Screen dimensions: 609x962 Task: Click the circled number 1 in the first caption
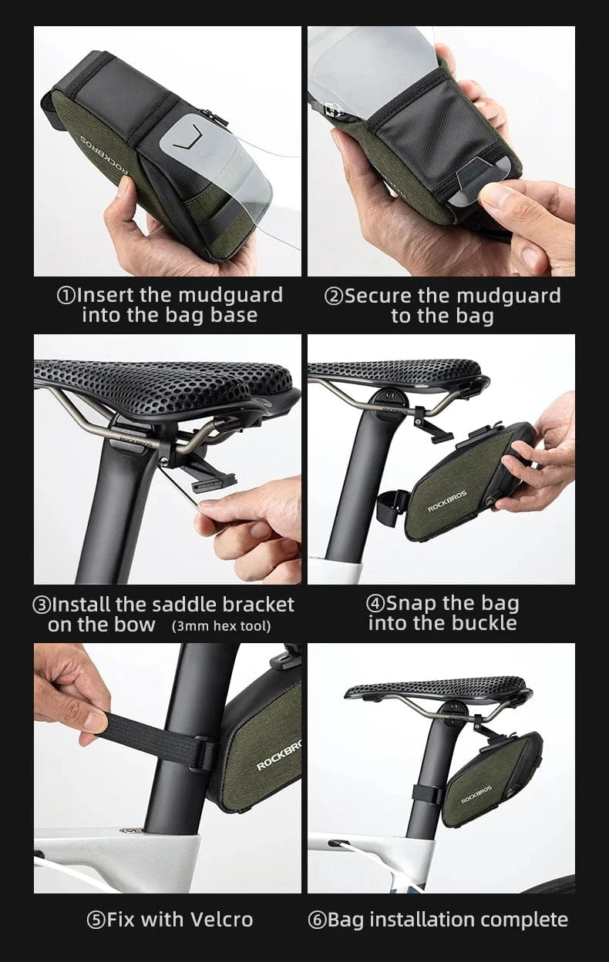(x=66, y=296)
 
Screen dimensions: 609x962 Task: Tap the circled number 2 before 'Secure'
(x=334, y=297)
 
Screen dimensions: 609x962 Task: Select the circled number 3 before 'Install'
(x=42, y=605)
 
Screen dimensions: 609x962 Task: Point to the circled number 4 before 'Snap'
(x=375, y=604)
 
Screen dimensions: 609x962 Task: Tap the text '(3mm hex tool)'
(x=221, y=626)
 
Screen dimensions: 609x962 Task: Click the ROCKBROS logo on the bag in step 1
(x=104, y=156)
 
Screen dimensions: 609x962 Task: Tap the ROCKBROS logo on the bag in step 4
(x=447, y=501)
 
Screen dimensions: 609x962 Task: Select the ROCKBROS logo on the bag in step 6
(x=476, y=795)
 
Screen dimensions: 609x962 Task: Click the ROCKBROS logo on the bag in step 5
(x=278, y=756)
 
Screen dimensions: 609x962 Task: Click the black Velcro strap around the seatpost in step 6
(x=427, y=795)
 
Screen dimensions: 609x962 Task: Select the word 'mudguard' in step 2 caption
(x=509, y=297)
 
